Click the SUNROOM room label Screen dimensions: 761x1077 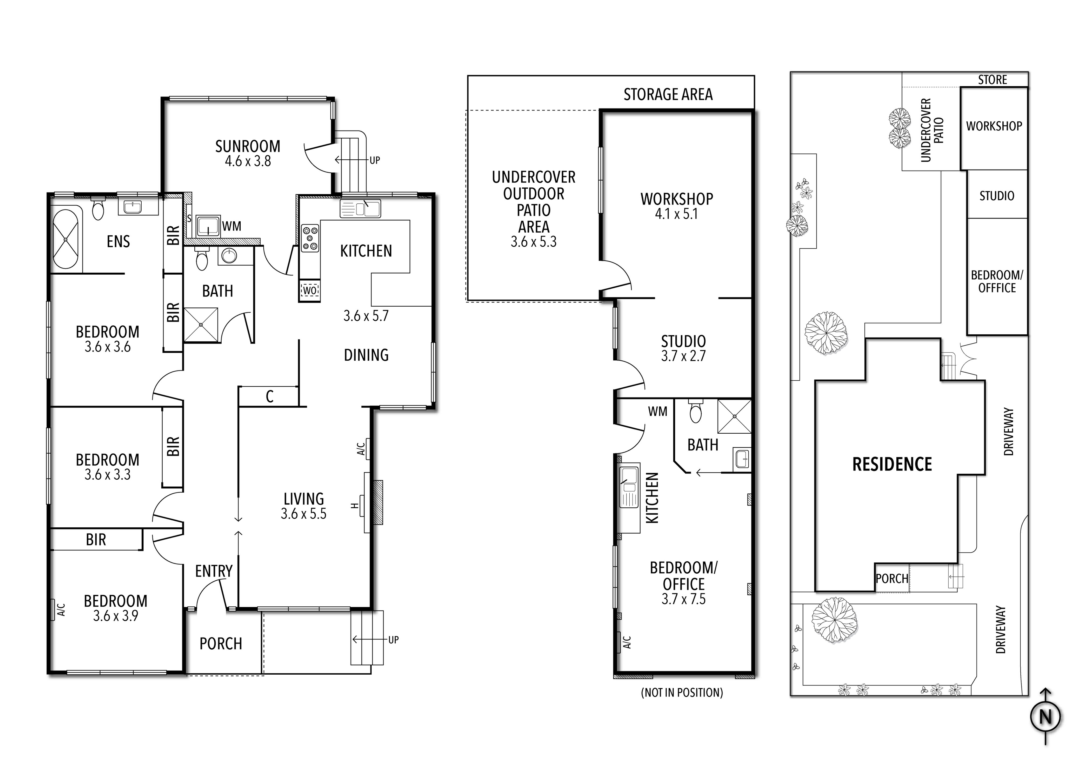pyautogui.click(x=248, y=146)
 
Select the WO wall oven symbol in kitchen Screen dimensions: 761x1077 pyautogui.click(x=310, y=290)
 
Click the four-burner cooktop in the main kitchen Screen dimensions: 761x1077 pyautogui.click(x=310, y=238)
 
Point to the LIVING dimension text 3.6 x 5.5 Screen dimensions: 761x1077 pyautogui.click(x=303, y=514)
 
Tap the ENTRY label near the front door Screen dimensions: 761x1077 pyautogui.click(x=214, y=571)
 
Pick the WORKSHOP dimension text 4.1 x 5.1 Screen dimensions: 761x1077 pyautogui.click(x=676, y=214)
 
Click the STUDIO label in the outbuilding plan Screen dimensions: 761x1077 pyautogui.click(x=684, y=341)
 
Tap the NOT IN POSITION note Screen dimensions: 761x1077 pyautogui.click(x=682, y=693)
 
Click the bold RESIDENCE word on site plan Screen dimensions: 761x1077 pyautogui.click(x=892, y=465)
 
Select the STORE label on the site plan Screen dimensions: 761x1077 pyautogui.click(x=993, y=80)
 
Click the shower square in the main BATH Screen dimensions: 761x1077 pyautogui.click(x=201, y=325)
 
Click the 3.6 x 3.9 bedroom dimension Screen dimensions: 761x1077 pyautogui.click(x=115, y=615)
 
